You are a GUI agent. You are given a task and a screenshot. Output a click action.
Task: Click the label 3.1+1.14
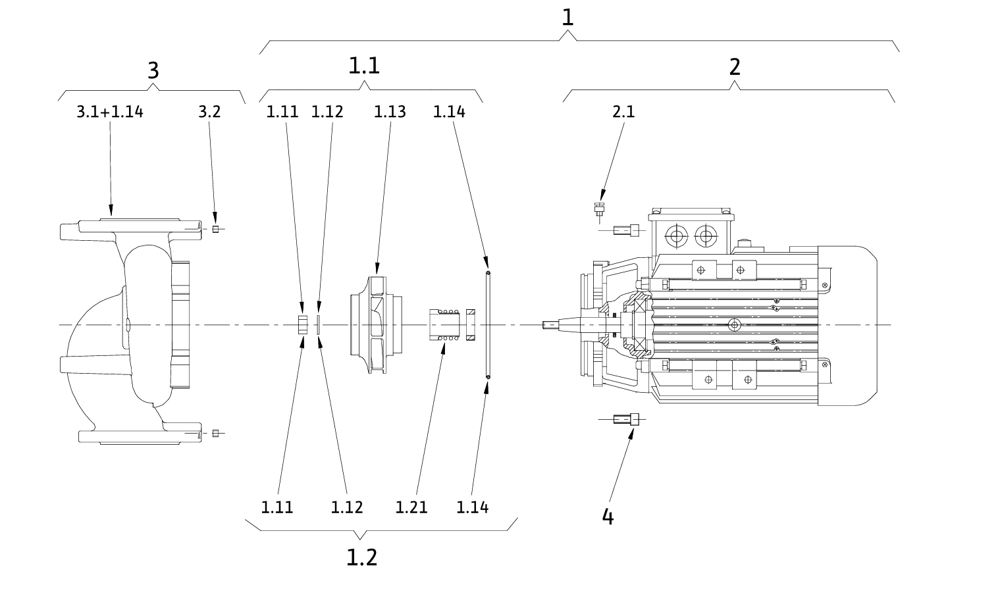[x=110, y=112]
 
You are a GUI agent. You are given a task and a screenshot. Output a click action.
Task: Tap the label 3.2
[x=209, y=112]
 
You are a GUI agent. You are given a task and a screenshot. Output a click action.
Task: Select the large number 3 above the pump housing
[x=153, y=70]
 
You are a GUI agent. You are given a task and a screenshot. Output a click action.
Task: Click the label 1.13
[x=390, y=112]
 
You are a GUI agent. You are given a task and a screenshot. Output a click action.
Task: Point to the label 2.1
[x=623, y=112]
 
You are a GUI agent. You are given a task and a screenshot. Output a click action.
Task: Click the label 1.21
[x=411, y=507]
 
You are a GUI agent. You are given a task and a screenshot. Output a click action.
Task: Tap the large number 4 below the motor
[x=608, y=516]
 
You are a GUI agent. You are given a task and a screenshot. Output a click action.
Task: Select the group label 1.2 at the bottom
[x=362, y=557]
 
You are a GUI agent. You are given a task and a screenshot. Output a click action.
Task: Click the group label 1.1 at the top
[x=364, y=66]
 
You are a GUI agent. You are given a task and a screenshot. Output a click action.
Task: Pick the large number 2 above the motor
[x=735, y=67]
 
